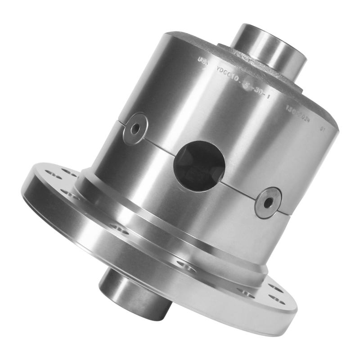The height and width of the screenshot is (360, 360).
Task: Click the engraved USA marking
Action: [203, 61]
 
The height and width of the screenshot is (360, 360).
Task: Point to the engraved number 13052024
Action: [299, 110]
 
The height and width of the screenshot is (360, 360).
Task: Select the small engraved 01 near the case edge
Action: [323, 129]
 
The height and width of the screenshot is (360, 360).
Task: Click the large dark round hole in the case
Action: [199, 166]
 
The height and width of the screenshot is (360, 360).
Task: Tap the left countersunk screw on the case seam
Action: [135, 129]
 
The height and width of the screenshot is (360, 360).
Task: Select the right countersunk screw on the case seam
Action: [268, 202]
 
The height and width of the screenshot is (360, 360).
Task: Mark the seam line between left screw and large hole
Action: [157, 144]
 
